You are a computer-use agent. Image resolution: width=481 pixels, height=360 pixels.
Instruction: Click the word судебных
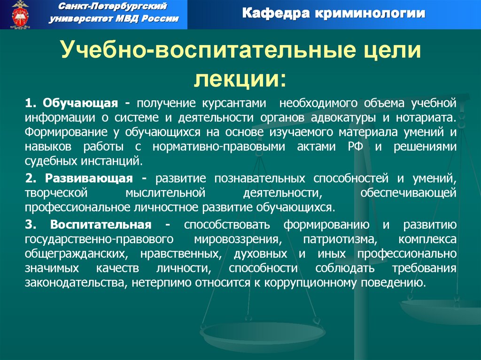[49, 161]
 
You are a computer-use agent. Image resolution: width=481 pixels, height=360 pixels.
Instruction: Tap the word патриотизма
[341, 239]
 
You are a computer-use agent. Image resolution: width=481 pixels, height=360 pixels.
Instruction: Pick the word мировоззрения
[236, 239]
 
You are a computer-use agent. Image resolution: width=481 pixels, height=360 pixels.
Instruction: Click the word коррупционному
[319, 283]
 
